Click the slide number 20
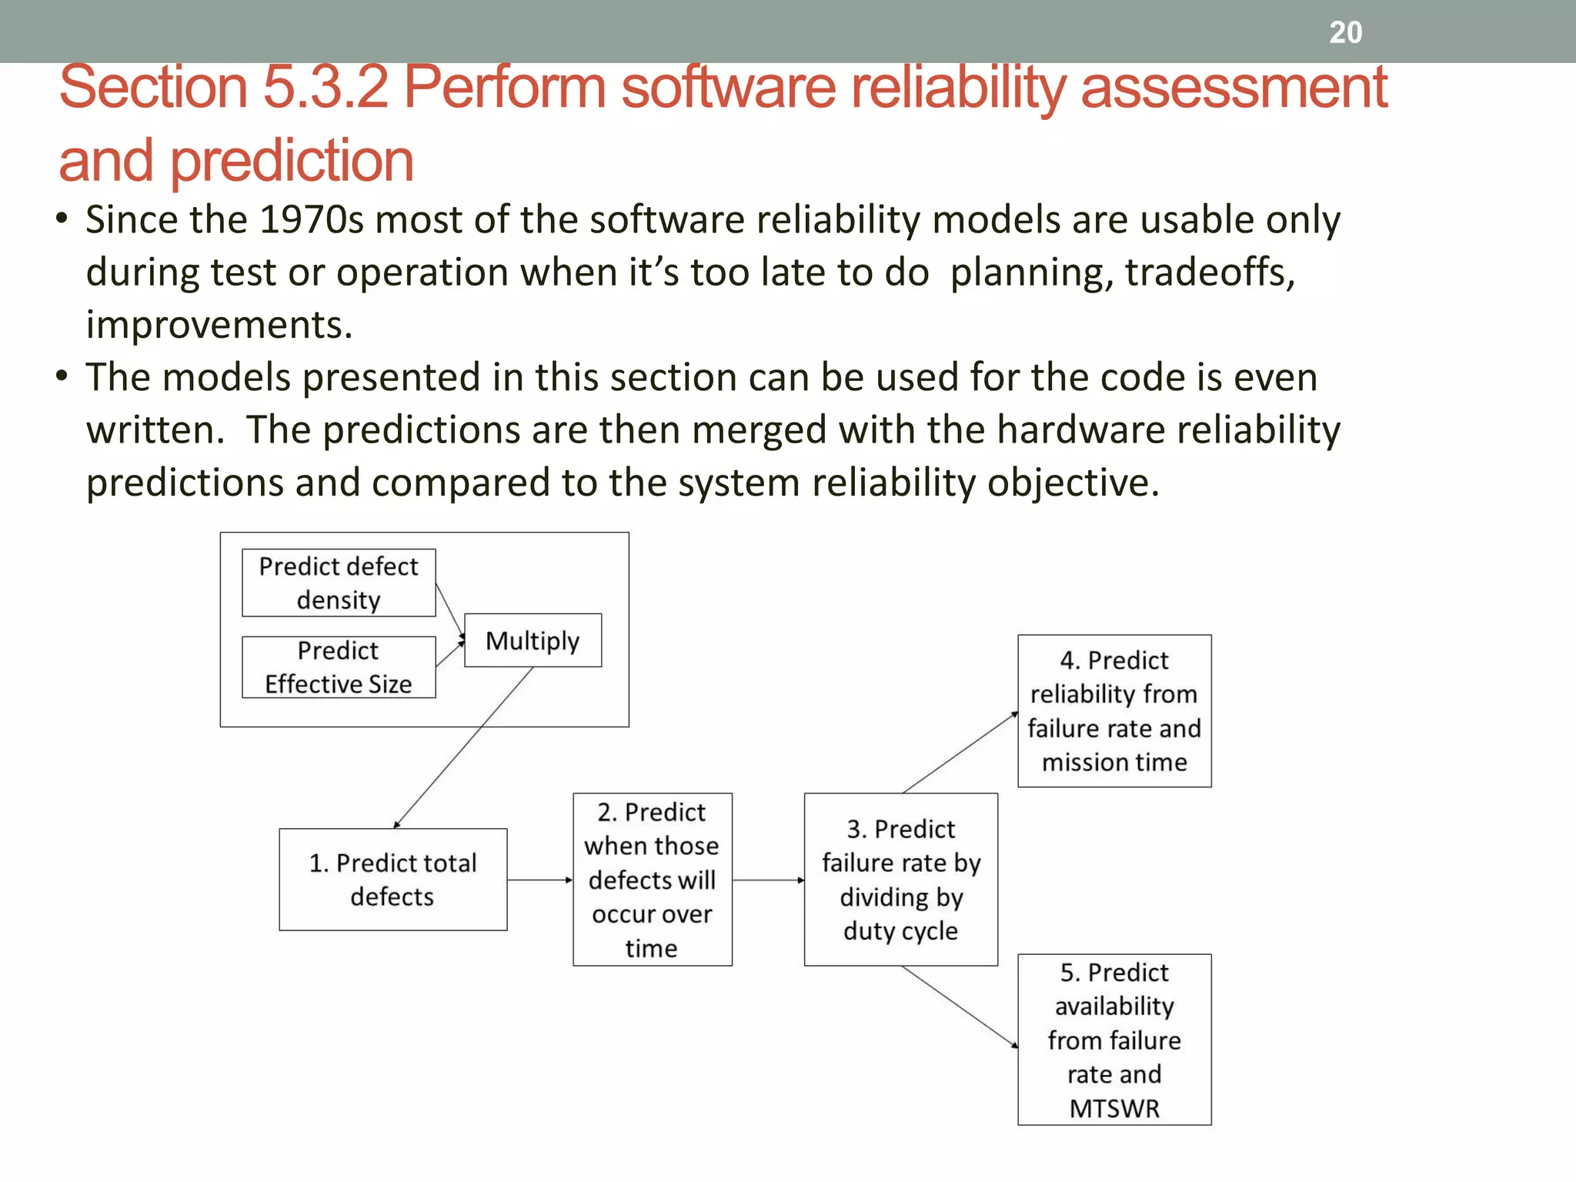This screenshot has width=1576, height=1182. [1345, 32]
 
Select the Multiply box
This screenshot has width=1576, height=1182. [533, 640]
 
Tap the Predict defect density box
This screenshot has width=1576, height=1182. [339, 583]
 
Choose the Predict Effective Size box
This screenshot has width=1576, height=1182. [339, 667]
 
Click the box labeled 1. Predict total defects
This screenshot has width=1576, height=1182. [392, 880]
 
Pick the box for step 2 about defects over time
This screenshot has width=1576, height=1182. [652, 880]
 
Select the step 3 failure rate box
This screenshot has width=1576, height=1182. [900, 880]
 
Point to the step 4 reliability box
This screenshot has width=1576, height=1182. [1114, 711]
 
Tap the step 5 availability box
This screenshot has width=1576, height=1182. [1114, 1040]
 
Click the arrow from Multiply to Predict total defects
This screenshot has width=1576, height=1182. [463, 746]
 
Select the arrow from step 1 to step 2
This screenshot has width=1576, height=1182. [539, 880]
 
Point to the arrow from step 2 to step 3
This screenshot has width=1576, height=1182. [768, 880]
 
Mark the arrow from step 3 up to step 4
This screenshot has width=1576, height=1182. [960, 753]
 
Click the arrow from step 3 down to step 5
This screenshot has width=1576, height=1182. [960, 1007]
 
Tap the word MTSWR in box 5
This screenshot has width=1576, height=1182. [1114, 1108]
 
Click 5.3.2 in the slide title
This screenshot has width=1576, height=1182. [326, 87]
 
